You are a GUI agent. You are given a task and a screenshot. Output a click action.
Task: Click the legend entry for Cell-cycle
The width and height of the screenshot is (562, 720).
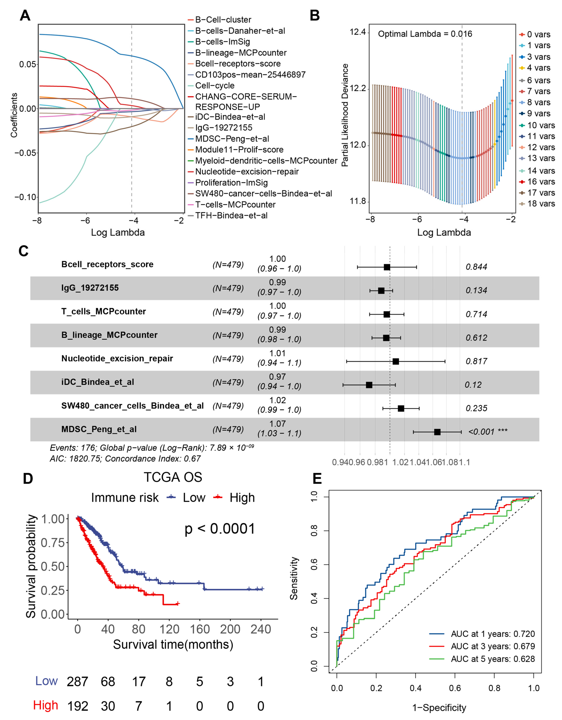(215, 86)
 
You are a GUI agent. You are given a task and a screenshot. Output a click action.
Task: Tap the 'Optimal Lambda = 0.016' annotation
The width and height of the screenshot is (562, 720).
(425, 34)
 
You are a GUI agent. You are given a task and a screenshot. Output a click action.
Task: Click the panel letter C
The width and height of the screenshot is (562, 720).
(23, 251)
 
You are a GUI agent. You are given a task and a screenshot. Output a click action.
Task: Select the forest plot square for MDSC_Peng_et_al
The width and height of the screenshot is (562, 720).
(437, 432)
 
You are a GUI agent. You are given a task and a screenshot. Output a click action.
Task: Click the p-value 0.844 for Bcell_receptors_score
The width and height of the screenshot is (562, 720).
(476, 267)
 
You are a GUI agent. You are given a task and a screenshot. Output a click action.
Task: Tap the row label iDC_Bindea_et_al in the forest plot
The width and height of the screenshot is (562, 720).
(98, 382)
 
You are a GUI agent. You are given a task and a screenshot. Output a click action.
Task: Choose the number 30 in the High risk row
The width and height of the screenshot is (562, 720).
(108, 706)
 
